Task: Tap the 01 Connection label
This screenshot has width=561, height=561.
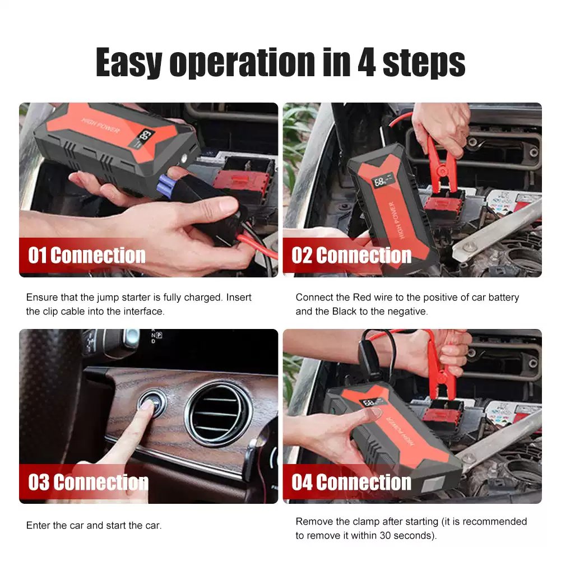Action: pyautogui.click(x=87, y=256)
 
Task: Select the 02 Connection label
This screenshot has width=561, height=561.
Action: pyautogui.click(x=351, y=256)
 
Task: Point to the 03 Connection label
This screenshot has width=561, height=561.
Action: pyautogui.click(x=88, y=482)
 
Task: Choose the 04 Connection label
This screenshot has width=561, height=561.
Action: pyautogui.click(x=351, y=482)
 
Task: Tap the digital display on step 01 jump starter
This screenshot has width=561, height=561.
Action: pyautogui.click(x=146, y=136)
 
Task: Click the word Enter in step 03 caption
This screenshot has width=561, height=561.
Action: pyautogui.click(x=38, y=526)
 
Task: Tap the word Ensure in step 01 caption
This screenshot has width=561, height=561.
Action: pyautogui.click(x=41, y=297)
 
